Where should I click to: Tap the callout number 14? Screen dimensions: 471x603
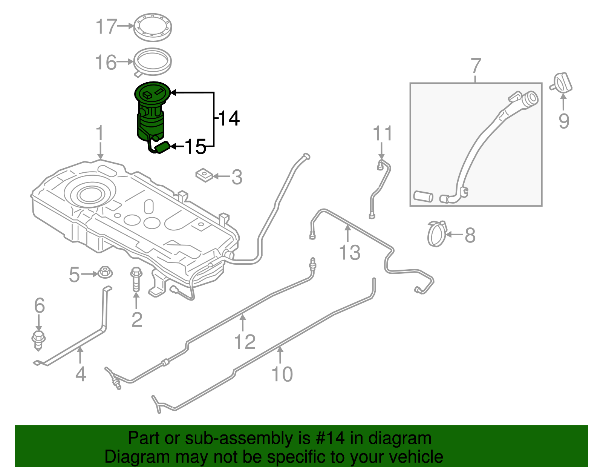click(229, 118)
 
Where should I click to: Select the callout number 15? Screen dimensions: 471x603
click(196, 147)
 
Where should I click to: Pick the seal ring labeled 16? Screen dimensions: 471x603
click(153, 61)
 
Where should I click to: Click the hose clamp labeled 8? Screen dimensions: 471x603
click(437, 233)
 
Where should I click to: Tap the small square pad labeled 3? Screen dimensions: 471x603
click(204, 175)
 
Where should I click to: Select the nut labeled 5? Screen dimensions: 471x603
click(105, 272)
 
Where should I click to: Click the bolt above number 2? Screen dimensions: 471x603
click(136, 279)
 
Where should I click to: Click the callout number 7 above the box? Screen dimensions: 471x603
click(476, 66)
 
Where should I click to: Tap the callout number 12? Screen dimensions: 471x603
click(245, 342)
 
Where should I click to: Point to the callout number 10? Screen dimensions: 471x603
click(282, 374)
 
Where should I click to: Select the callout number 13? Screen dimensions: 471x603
click(350, 252)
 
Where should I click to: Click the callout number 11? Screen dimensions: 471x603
click(383, 133)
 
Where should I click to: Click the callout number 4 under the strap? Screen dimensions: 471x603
click(81, 374)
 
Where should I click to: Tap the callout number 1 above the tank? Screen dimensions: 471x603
click(99, 134)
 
